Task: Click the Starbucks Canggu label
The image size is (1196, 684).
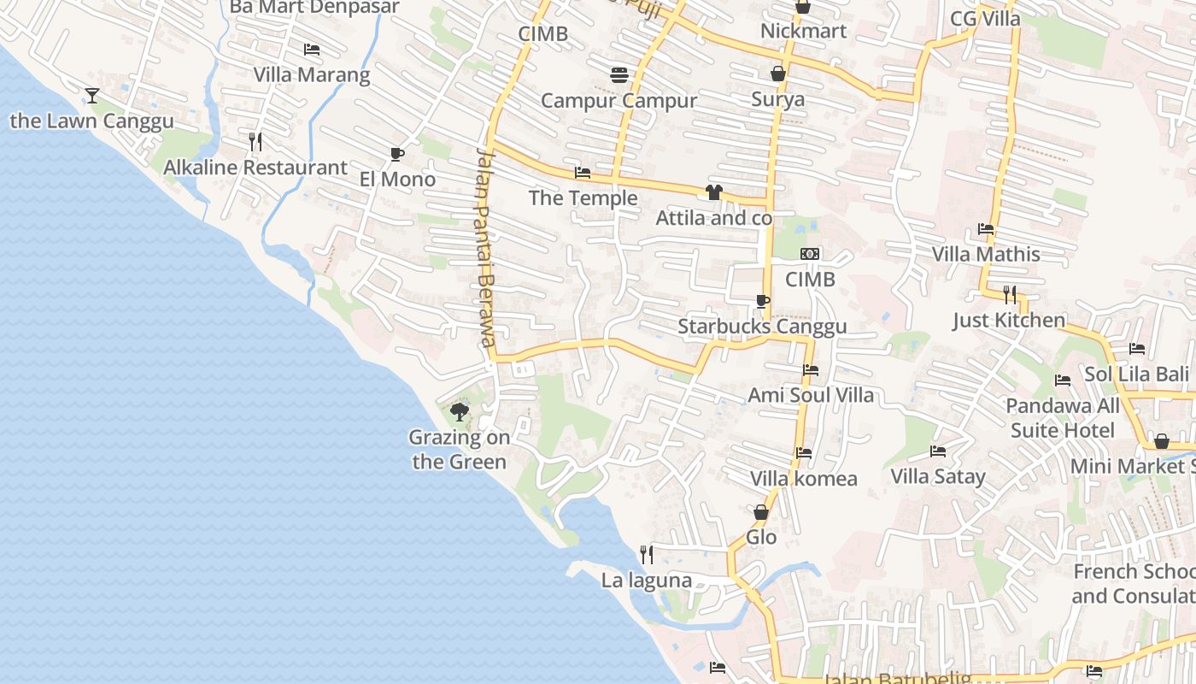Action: point(762,327)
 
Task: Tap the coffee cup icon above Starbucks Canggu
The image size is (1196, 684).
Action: point(762,301)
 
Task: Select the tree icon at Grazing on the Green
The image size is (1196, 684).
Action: point(460,412)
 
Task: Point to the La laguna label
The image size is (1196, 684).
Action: point(647,581)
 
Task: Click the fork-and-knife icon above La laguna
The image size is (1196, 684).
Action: point(647,555)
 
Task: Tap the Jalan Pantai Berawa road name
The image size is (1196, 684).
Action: point(486,248)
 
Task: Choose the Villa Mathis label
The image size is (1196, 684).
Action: point(986,254)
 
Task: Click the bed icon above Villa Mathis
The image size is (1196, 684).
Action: point(986,229)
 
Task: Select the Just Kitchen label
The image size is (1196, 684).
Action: point(1009,321)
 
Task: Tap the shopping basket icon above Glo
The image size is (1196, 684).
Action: point(761,512)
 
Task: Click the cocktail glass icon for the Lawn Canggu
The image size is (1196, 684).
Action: point(92,95)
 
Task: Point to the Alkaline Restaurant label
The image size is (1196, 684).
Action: point(255,168)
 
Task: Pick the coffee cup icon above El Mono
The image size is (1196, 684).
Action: point(396,154)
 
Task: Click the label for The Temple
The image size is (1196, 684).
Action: point(583,198)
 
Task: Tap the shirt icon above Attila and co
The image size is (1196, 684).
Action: point(713,192)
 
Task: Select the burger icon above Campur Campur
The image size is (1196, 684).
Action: point(619,75)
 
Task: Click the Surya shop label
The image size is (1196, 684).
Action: point(777,99)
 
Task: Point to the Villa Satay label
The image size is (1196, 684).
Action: point(938,476)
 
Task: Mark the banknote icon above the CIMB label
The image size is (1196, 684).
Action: point(810,254)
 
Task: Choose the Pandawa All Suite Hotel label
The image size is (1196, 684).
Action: point(1063,418)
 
